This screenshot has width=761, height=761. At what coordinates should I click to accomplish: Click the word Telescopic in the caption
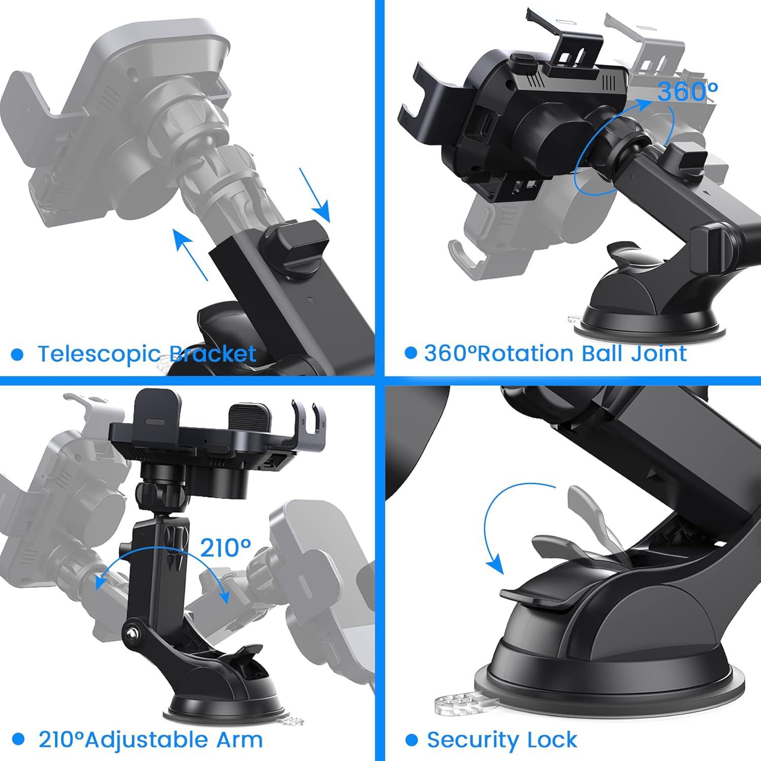click(x=100, y=354)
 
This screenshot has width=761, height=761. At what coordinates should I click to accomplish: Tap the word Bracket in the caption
click(x=213, y=354)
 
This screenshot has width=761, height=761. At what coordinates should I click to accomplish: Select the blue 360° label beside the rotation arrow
click(x=687, y=92)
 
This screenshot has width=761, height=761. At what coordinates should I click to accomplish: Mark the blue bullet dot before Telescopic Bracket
click(x=17, y=354)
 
